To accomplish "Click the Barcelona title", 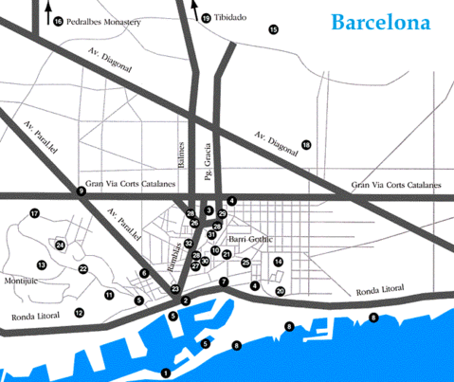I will [x=379, y=21].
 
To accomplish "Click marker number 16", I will [x=57, y=21].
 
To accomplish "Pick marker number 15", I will [x=274, y=30].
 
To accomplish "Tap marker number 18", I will [x=306, y=145].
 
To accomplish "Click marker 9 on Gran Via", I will [x=81, y=191].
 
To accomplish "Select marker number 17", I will [x=34, y=213].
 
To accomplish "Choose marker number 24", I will [x=61, y=246].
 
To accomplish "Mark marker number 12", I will [x=79, y=312].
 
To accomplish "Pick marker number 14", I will [x=279, y=262].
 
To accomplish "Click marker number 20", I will [x=280, y=291].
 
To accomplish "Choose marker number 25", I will [x=245, y=263].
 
